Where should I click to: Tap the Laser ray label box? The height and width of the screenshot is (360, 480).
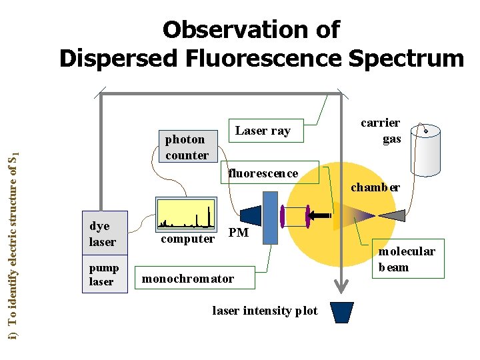(263, 131)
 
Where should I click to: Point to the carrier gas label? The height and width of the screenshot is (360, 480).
(381, 131)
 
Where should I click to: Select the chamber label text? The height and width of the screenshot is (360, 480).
(375, 187)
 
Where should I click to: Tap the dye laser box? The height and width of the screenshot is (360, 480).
(103, 234)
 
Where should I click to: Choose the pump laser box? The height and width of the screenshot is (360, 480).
(103, 275)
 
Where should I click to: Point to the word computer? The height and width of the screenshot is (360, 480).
(188, 239)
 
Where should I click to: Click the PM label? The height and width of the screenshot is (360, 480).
(238, 233)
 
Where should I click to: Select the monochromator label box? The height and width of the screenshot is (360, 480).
(187, 279)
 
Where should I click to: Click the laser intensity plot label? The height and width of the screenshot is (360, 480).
(265, 311)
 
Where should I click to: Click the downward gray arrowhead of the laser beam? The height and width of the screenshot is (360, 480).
(341, 287)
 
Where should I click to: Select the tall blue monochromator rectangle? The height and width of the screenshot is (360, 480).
(270, 217)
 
